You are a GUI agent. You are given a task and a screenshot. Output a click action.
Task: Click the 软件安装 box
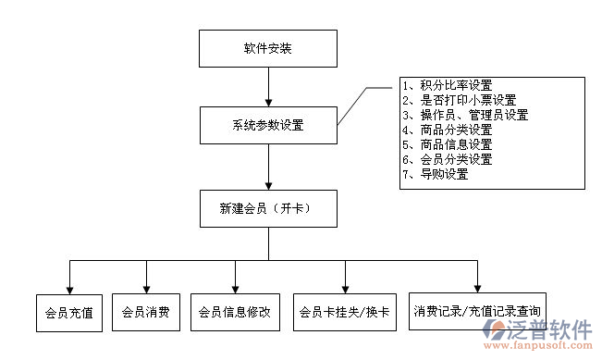tap(267, 48)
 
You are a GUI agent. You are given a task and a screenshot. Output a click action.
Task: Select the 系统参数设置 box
tap(267, 125)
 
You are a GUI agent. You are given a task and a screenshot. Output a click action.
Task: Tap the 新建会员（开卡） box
tap(267, 209)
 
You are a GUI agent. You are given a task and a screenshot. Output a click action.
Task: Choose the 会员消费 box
tap(145, 313)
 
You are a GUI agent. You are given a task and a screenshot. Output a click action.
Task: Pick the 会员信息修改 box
tap(235, 313)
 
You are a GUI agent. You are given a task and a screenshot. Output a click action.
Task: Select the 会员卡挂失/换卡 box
tap(345, 313)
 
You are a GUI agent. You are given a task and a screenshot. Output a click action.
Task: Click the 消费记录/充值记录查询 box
tap(477, 311)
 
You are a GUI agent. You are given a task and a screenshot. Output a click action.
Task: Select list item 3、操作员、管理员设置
tap(465, 115)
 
